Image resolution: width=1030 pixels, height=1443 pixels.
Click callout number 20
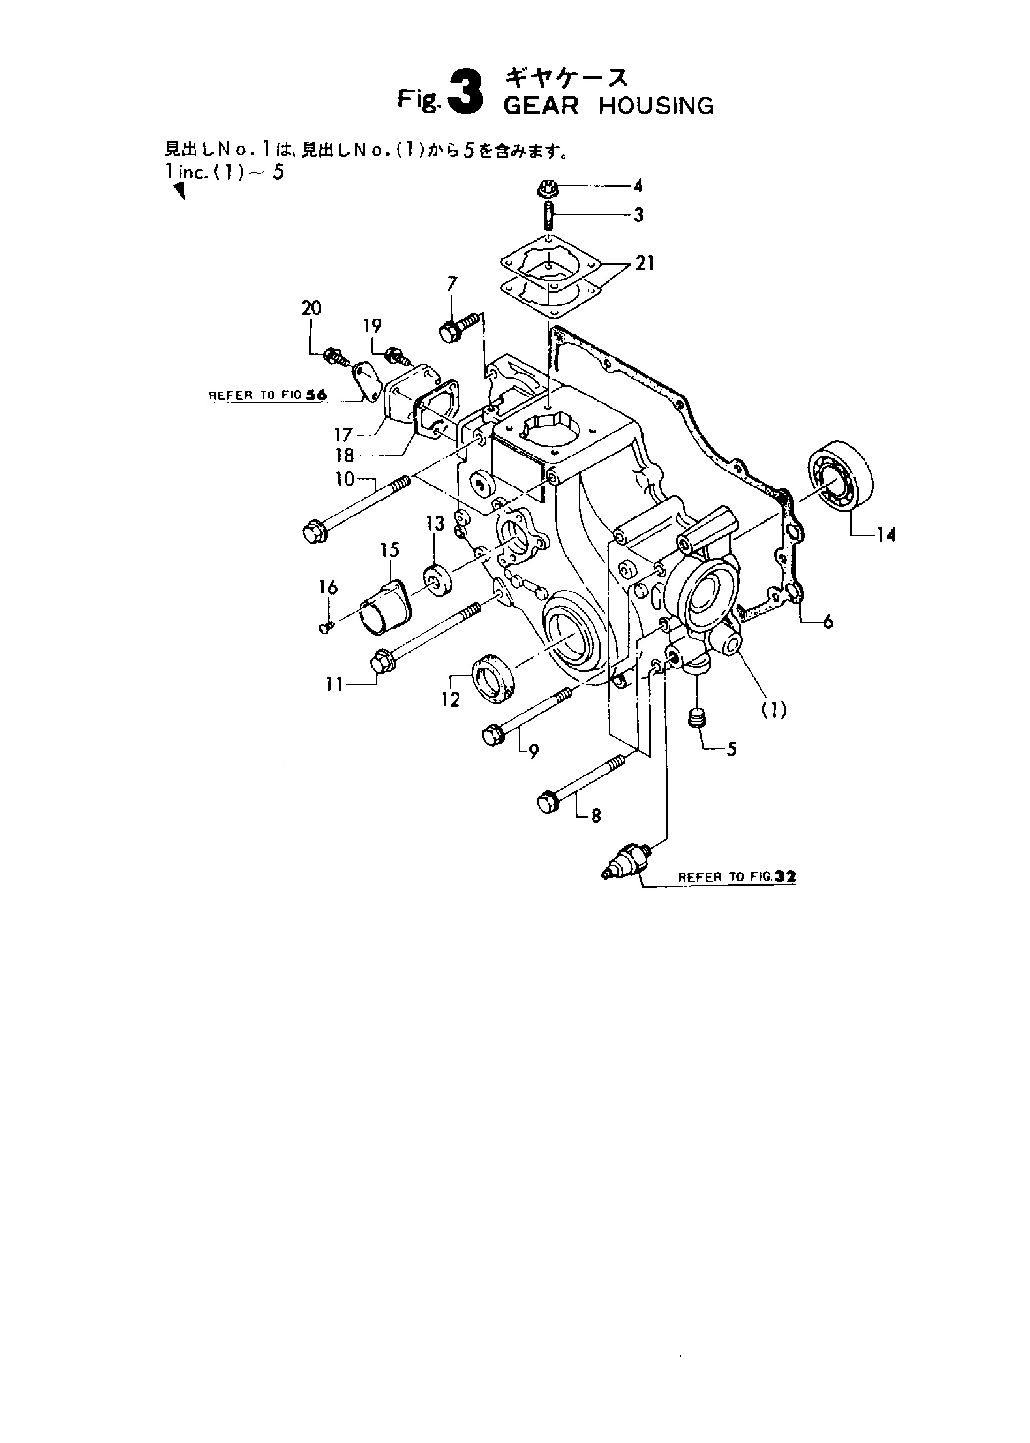point(311,308)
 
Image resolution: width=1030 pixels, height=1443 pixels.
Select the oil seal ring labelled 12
point(494,678)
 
